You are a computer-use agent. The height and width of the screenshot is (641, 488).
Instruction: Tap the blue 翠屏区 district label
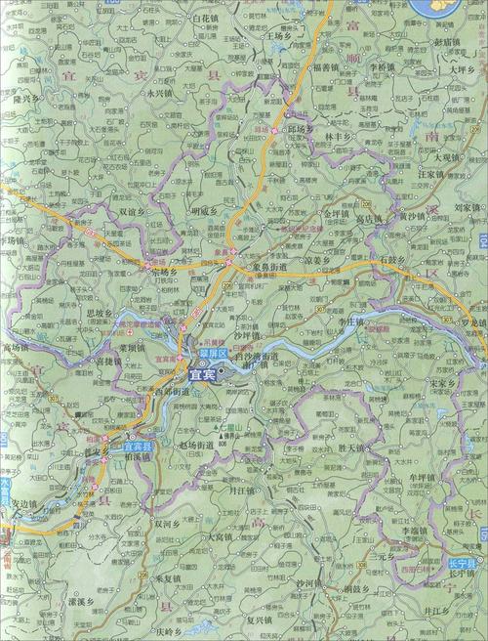coord(212,350)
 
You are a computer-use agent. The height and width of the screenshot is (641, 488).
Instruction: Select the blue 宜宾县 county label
coord(140,447)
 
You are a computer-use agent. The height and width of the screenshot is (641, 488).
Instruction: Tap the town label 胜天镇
coord(346,449)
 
